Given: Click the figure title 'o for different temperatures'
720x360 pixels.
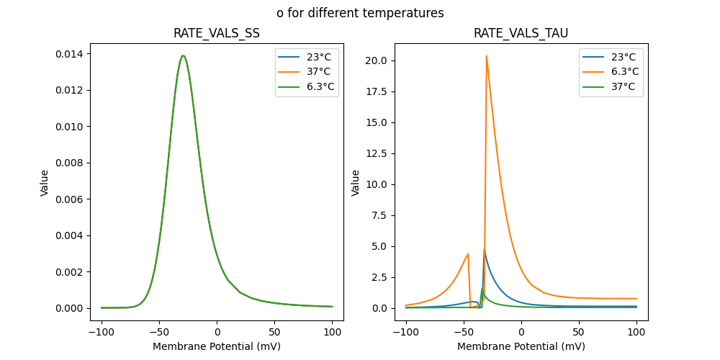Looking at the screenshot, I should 360,13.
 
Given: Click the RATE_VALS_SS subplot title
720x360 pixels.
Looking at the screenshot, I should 217,33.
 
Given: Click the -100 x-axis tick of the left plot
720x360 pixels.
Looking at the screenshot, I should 102,333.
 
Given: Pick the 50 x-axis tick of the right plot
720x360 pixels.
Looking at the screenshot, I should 579,333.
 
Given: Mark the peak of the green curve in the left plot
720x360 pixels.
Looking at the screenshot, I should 183,55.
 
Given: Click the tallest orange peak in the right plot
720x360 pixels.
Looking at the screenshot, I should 487,55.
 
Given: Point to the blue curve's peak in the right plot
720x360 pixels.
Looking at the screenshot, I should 484,250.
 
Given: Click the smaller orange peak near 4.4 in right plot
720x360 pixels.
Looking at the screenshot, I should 468,253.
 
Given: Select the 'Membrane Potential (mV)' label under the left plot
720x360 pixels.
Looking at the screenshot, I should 217,346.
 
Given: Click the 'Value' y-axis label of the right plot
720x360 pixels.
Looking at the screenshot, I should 355,183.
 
